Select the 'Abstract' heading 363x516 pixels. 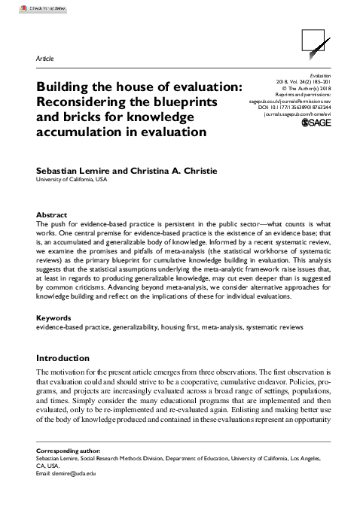(52, 215)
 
